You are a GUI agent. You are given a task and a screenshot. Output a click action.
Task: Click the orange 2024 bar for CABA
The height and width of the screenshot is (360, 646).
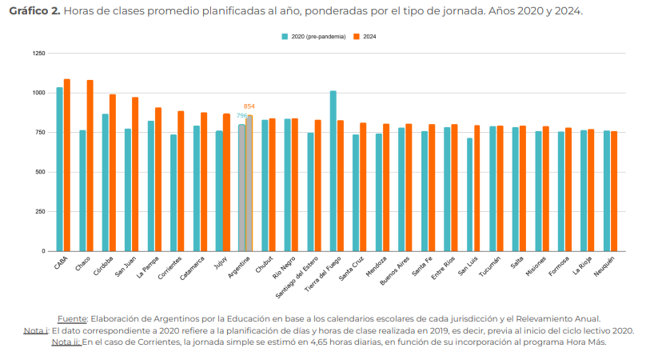tap(67, 165)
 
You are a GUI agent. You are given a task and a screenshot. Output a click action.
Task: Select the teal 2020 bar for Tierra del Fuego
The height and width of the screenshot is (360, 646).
tap(333, 171)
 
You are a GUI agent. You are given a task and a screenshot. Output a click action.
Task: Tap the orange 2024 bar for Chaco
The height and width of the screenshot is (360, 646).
tap(90, 166)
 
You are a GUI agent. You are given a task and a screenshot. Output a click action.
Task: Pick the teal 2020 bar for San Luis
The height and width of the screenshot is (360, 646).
tap(470, 194)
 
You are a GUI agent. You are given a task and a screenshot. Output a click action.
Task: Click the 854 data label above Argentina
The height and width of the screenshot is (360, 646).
tap(249, 106)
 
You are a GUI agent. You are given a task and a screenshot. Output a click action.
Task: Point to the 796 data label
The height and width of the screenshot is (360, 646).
tap(241, 116)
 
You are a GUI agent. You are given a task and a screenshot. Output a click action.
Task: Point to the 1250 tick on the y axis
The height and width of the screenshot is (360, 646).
tap(38, 54)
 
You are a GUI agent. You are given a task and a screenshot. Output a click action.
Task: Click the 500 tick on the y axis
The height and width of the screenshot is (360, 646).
tap(40, 172)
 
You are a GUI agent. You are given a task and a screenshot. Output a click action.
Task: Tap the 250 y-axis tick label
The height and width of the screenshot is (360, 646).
tap(40, 212)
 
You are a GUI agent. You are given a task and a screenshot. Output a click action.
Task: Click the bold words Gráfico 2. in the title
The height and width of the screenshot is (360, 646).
tap(34, 13)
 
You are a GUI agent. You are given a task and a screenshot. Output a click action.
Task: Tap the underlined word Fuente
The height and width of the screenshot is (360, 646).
tap(74, 318)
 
